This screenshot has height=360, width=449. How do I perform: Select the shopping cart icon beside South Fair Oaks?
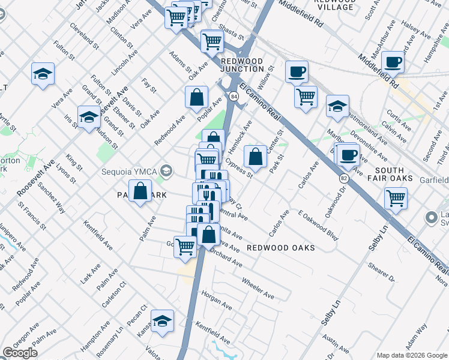(396, 197)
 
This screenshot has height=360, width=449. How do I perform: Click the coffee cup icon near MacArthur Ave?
(394, 61)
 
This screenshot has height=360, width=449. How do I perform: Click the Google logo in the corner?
(20, 353)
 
